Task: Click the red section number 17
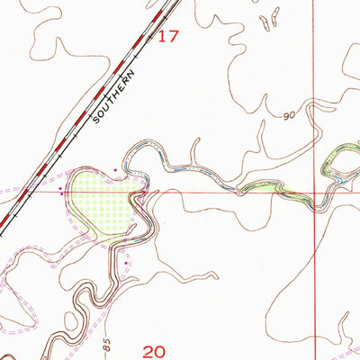(168, 37)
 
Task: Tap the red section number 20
(155, 349)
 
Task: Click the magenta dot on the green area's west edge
(61, 191)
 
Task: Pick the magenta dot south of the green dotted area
(127, 263)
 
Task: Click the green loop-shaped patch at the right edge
(340, 162)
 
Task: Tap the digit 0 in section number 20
(161, 349)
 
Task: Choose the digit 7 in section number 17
(174, 37)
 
